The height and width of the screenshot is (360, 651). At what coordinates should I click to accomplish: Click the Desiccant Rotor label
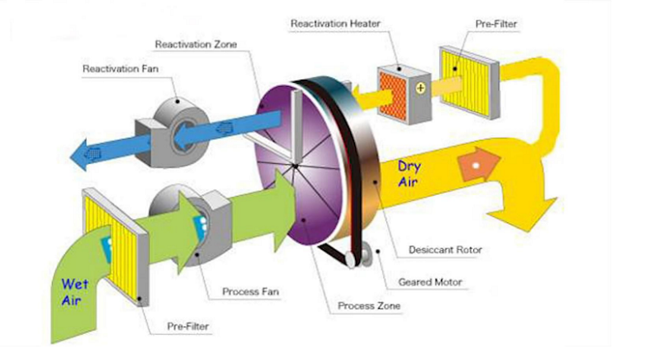coord(444,250)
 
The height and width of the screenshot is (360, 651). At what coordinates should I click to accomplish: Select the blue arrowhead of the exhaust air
coord(88,156)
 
